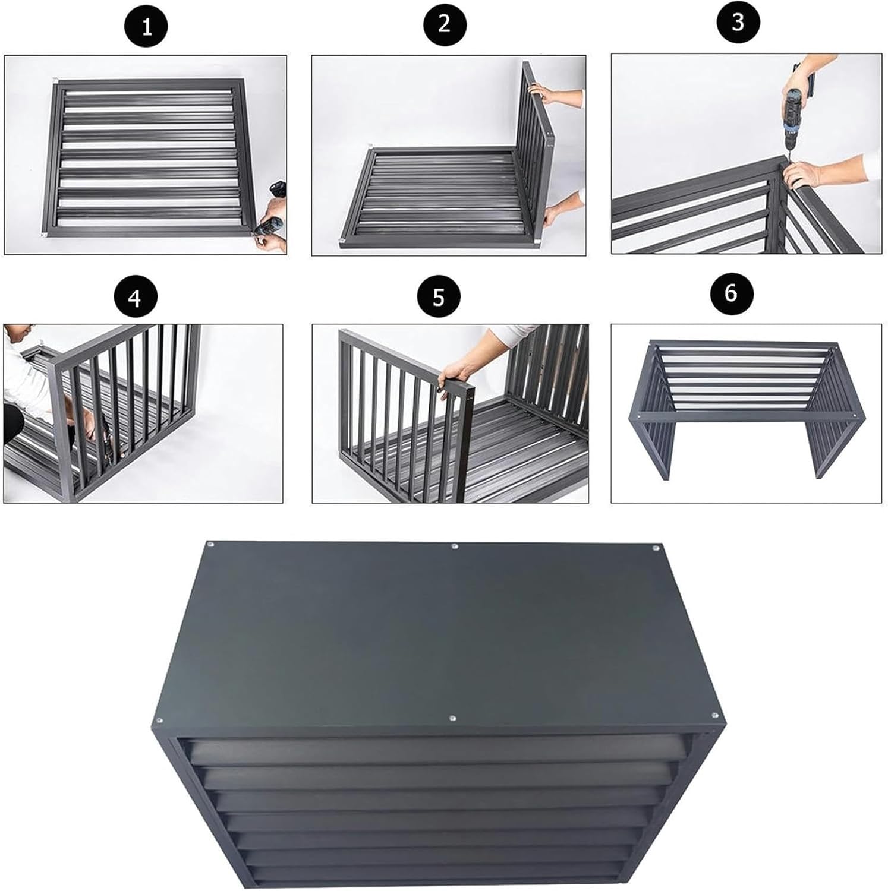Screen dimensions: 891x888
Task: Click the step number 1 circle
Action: [146, 27]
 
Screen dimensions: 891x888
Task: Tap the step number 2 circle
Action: [445, 25]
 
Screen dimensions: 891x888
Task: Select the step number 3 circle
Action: [738, 23]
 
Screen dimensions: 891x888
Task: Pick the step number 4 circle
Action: [136, 297]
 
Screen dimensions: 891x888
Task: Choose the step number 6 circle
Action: [731, 293]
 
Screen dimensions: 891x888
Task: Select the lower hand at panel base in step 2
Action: [558, 212]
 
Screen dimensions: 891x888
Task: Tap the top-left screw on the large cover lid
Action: [209, 544]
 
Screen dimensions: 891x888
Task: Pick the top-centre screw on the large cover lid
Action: [455, 546]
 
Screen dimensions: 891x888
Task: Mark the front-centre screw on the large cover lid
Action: [452, 719]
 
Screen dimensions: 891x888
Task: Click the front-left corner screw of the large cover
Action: [159, 721]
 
